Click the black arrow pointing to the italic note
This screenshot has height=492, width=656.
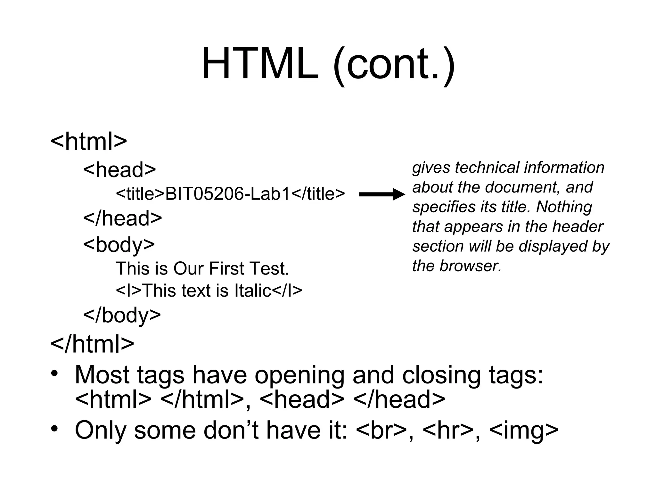[382, 194]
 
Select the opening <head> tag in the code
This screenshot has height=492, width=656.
[119, 169]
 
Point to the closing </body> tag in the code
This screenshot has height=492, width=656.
[122, 315]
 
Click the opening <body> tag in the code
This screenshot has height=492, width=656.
[119, 244]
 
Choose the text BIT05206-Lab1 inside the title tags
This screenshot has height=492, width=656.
[227, 194]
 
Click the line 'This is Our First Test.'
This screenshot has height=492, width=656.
[202, 268]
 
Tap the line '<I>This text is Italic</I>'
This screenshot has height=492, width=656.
[209, 291]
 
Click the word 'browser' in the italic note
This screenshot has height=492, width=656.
[470, 266]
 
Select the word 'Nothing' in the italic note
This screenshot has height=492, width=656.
[564, 207]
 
